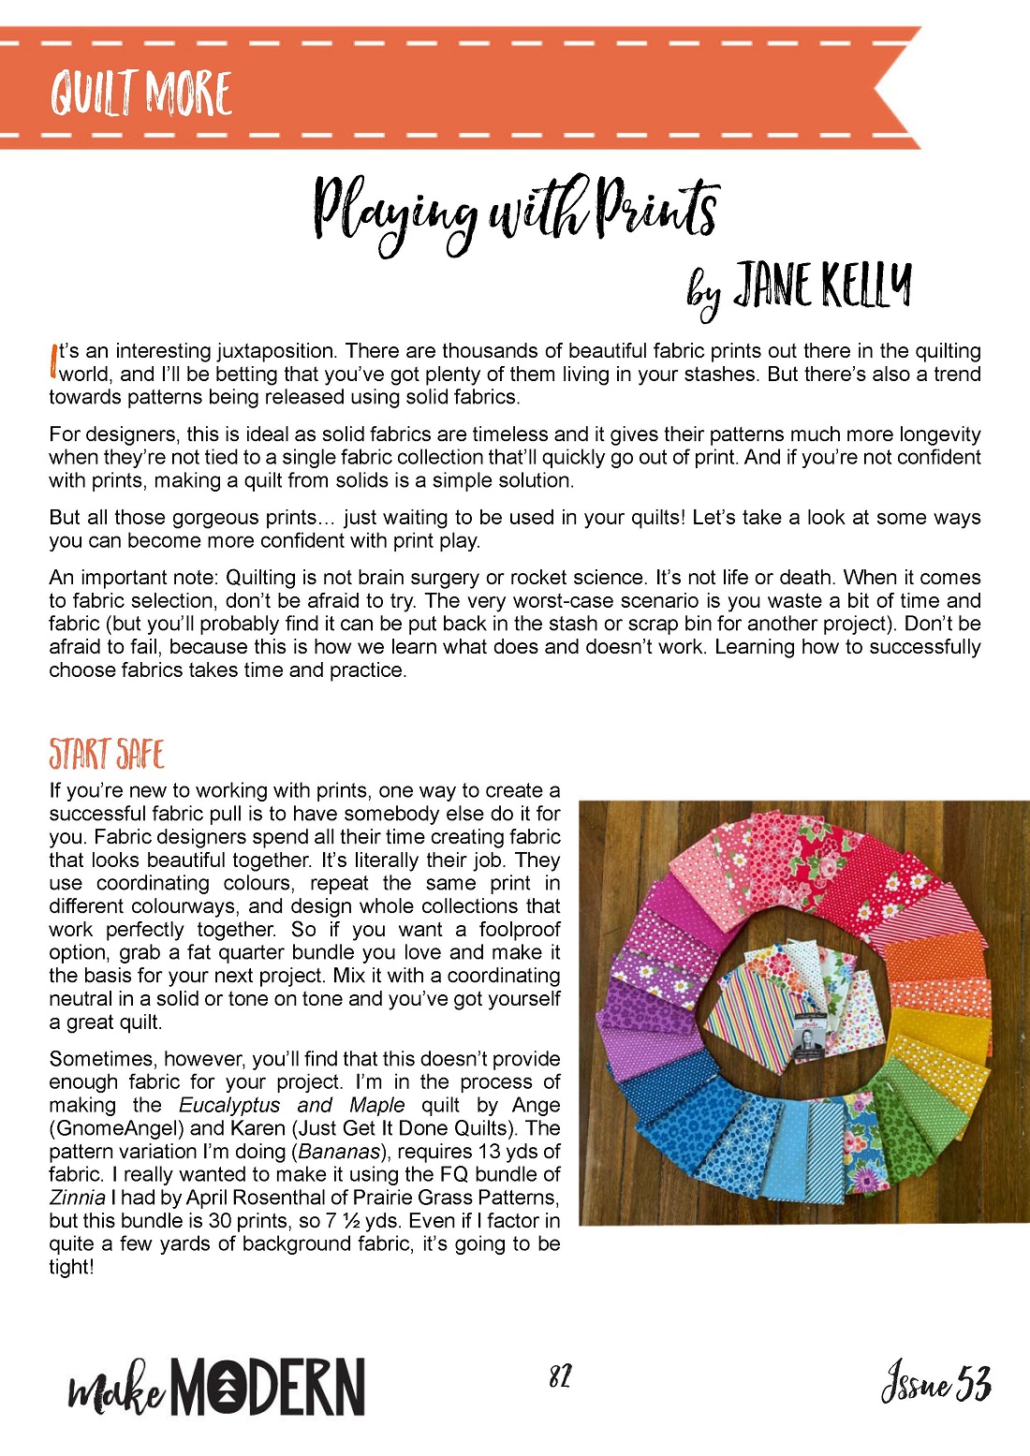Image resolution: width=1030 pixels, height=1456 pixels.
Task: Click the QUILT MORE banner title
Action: point(141,94)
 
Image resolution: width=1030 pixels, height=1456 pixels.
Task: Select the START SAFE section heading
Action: point(107,754)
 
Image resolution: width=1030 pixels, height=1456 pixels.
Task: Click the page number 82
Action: point(560,1376)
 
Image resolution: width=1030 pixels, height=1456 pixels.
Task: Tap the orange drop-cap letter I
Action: point(52,360)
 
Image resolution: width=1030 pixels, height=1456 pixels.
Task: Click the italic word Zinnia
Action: point(77,1198)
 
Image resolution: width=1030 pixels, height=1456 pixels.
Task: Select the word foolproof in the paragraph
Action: point(520,929)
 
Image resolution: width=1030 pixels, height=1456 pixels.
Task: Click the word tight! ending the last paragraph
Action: point(72,1267)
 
